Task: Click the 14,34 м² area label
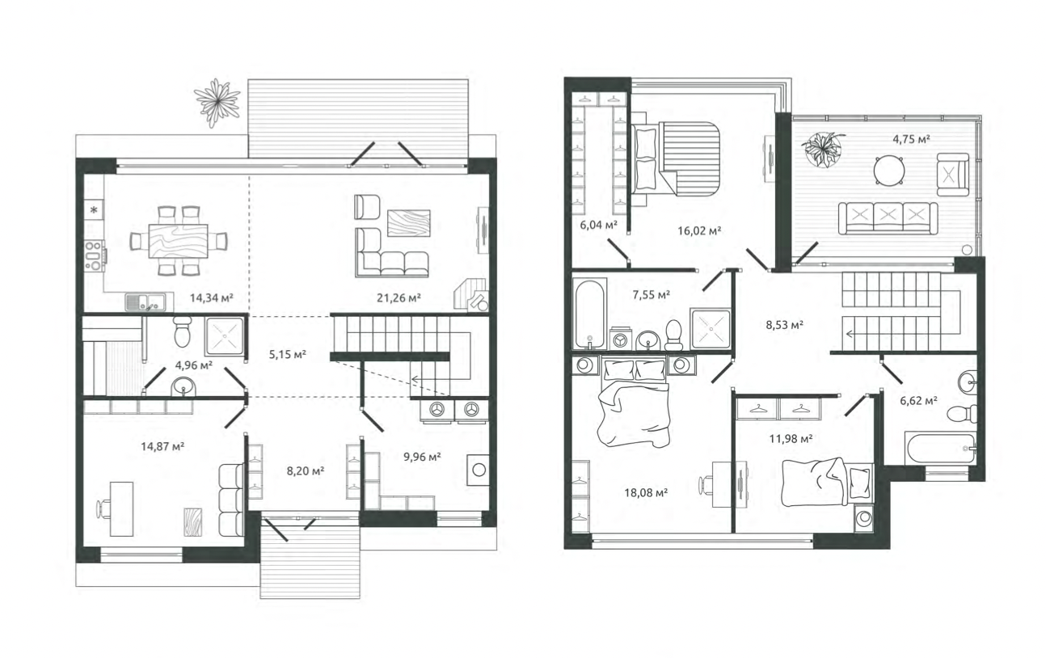(211, 297)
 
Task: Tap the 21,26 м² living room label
(399, 297)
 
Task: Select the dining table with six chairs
(179, 241)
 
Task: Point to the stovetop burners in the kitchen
(95, 255)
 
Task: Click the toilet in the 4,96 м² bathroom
(182, 331)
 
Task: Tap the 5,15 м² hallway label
(287, 354)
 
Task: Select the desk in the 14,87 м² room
(121, 509)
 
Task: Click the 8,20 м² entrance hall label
(306, 471)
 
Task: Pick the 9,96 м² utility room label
(422, 457)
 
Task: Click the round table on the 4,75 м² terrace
(889, 171)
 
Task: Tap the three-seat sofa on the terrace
(888, 217)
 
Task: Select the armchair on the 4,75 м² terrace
(951, 175)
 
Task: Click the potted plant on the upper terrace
(823, 150)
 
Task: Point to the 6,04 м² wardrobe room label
(598, 225)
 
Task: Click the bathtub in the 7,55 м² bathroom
(590, 314)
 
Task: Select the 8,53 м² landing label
(784, 325)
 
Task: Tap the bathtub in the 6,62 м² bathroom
(939, 449)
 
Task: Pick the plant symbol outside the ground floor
(217, 103)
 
